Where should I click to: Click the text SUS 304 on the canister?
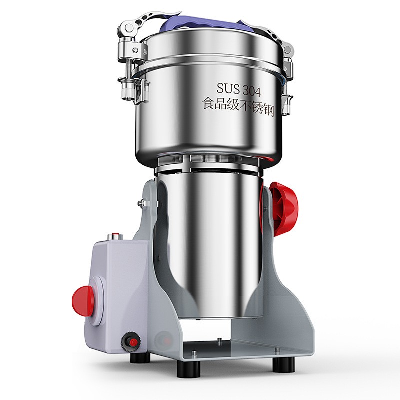click(x=239, y=89)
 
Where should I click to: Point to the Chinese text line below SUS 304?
click(x=238, y=107)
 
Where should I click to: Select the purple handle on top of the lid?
click(x=204, y=23)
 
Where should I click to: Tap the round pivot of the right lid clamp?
click(x=288, y=49)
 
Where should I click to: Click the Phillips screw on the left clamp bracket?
click(x=135, y=50)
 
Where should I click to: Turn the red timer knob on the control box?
click(x=83, y=301)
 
